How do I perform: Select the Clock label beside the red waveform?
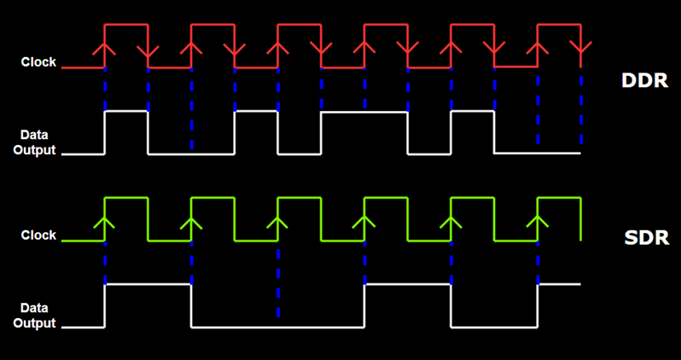pos(38,62)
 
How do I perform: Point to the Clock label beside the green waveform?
pos(38,235)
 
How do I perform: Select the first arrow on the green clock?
pos(105,223)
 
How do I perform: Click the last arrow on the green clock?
pos(538,223)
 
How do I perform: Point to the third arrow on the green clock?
pos(278,223)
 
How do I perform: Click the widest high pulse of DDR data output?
pos(364,112)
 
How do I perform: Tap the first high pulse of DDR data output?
pos(126,112)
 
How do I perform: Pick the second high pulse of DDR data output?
pos(256,112)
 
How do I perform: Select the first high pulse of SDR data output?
pos(148,285)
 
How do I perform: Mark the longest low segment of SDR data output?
pos(278,327)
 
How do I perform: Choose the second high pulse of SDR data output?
pos(408,285)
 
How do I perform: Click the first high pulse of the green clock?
pos(126,199)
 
